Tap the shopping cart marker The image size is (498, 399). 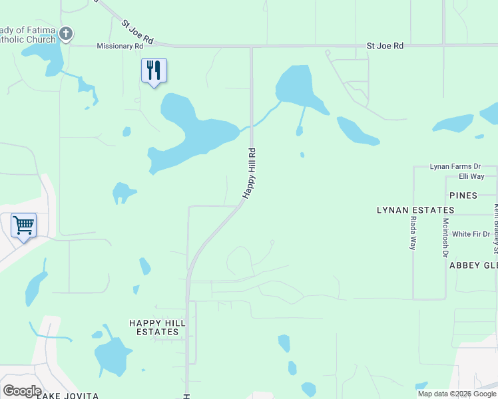[x=23, y=225]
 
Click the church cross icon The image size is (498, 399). [x=66, y=33]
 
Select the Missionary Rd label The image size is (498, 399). [x=120, y=47]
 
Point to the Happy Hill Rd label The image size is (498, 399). [x=250, y=173]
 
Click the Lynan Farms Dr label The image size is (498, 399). [x=455, y=166]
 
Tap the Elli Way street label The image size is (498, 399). [x=471, y=176]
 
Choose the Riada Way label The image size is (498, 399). [x=413, y=233]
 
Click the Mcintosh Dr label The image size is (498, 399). [x=445, y=237]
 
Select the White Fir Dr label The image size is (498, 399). [x=471, y=234]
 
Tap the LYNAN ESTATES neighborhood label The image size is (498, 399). [x=415, y=210]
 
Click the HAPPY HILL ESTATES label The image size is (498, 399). [x=154, y=327]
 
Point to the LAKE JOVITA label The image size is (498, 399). [x=68, y=396]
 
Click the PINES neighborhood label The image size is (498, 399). [x=463, y=196]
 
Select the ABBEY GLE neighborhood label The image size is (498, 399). [x=473, y=265]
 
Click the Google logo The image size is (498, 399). [x=22, y=391]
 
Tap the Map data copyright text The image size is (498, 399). [x=457, y=394]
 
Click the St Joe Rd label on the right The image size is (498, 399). [x=385, y=46]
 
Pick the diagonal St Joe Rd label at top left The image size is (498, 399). [x=137, y=32]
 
